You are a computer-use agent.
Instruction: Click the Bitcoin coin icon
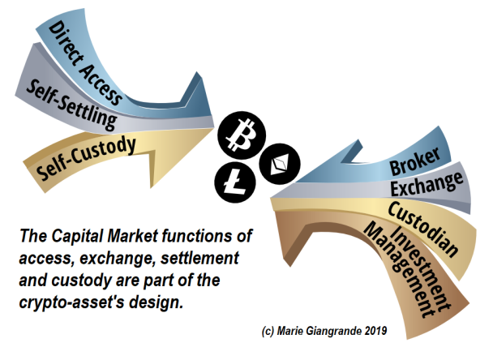tap(242, 135)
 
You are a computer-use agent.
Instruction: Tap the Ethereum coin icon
tap(280, 164)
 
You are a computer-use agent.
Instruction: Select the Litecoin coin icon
tap(235, 182)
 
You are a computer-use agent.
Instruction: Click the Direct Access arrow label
tap(85, 64)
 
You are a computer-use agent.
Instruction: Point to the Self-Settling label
tap(71, 105)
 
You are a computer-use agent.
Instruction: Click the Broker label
tap(414, 161)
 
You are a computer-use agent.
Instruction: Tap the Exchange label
tap(427, 184)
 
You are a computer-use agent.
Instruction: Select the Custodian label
tap(423, 229)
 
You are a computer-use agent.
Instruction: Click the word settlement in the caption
tap(199, 258)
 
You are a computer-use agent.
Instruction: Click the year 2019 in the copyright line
tap(375, 331)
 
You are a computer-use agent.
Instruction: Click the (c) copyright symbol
tap(268, 331)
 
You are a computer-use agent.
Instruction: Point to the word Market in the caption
tap(132, 236)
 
